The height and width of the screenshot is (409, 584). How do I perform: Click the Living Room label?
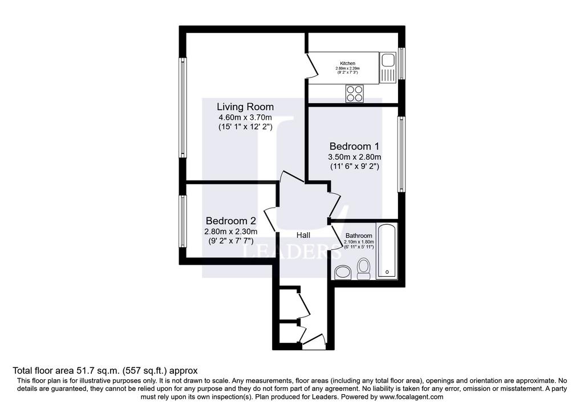coord(245,107)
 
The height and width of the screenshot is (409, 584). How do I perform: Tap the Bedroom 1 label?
coord(355,147)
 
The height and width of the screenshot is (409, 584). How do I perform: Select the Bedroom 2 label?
coord(231,221)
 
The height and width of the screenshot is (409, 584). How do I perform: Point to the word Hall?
coord(303,236)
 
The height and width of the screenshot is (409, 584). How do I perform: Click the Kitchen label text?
coord(347,63)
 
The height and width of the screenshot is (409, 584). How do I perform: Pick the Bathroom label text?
coord(359,236)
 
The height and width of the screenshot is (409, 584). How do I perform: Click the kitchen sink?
coord(388,67)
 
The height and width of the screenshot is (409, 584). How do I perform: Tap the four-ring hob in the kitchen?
coord(354,94)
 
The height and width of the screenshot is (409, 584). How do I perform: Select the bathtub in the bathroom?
coord(387,250)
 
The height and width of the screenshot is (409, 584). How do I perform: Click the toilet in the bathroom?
coord(363,268)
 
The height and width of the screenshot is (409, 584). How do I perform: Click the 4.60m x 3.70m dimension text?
coord(245,118)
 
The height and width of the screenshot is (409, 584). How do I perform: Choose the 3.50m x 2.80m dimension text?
coord(355,157)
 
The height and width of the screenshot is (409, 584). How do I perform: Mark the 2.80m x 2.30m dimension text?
coord(231,232)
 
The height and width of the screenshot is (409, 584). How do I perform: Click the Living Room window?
coord(182,108)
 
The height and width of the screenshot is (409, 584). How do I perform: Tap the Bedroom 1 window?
coord(401,154)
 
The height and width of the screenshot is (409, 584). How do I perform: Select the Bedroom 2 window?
coord(182,221)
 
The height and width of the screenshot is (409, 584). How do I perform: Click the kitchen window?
coord(401,63)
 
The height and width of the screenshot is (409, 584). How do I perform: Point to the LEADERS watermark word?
coord(292,252)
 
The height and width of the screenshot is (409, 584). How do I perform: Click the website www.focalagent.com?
coord(412,397)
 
